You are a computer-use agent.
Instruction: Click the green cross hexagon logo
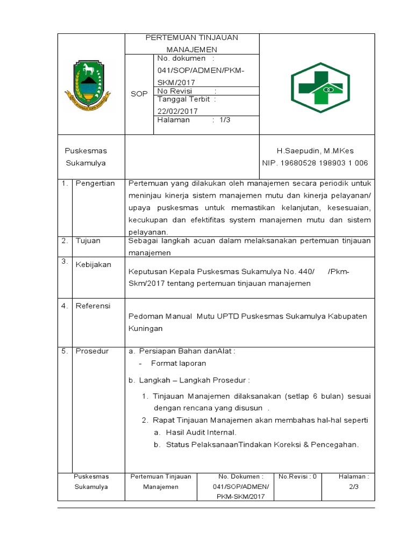coord(320,86)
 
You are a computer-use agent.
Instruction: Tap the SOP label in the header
coord(139,94)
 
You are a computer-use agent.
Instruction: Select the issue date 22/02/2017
coord(177,111)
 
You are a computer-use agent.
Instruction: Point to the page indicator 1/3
coord(225,120)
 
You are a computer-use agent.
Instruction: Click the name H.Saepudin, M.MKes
coord(315,151)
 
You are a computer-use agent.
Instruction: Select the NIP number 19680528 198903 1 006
coord(315,163)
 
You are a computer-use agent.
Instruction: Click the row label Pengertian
coord(95,183)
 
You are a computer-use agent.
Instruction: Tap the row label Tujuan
coord(88,241)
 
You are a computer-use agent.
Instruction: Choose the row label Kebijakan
coord(93,265)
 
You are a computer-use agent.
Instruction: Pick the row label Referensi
coord(92,306)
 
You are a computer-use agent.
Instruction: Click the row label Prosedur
coord(92,351)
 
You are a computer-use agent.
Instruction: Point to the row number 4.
coord(64,306)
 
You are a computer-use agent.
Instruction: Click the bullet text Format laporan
coord(179,363)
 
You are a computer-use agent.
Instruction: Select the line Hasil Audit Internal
coord(201,432)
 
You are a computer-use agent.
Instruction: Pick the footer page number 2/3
coord(353,487)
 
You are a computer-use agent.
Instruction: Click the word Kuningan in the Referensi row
coord(145,328)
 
